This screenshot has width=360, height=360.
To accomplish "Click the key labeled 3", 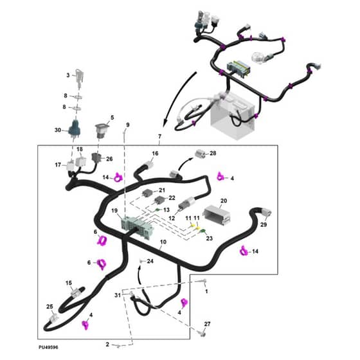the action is point(80,77).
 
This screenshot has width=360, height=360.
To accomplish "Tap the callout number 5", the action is point(113,118).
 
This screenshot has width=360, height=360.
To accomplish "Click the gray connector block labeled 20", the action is point(217,215).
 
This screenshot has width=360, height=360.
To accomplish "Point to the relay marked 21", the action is point(148,194).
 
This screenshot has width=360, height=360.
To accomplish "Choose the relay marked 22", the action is point(159,201).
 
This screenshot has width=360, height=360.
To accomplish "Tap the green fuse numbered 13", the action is point(157,210).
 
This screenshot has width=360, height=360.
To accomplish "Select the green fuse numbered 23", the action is point(203,231).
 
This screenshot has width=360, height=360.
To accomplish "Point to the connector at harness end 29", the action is point(267,212).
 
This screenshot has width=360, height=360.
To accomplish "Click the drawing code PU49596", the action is point(48,347).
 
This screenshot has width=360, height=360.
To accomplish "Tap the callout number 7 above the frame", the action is point(160,136).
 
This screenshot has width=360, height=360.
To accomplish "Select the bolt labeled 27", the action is point(203,333).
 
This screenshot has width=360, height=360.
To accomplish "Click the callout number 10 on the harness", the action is point(163,242).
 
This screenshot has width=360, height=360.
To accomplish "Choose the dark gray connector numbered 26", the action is point(96,157).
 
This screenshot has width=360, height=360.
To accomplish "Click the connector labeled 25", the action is point(54,318).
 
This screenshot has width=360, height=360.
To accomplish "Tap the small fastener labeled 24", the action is point(141,260).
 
